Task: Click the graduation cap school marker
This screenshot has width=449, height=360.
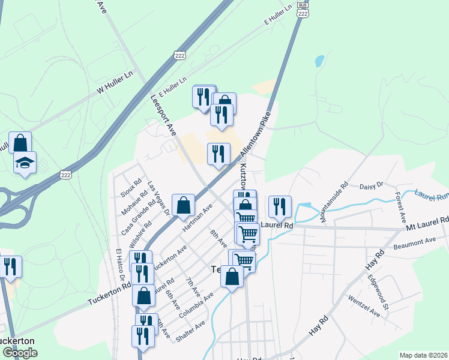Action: point(25,163)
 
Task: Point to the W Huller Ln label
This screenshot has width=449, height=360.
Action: point(114,85)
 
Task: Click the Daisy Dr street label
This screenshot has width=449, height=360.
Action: point(371,187)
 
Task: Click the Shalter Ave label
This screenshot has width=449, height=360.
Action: point(190,331)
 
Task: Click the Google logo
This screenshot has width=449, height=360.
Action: point(19,353)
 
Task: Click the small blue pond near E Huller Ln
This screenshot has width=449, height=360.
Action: point(319,61)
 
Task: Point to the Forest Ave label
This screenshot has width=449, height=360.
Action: point(400,205)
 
